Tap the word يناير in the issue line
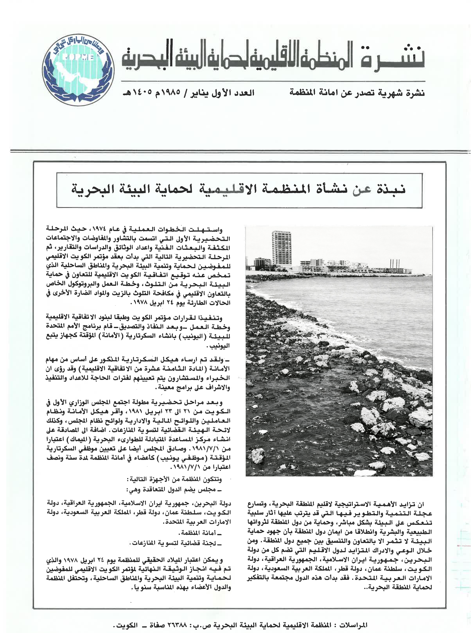click(201, 93)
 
